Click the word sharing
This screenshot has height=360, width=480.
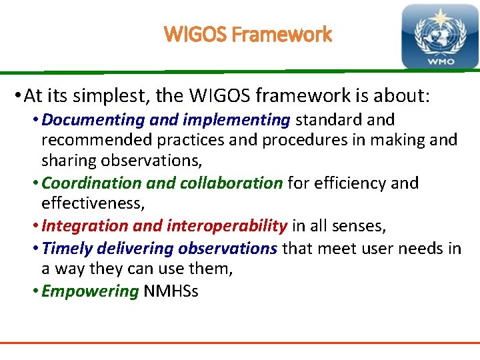click(70, 161)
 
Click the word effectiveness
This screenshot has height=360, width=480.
click(91, 203)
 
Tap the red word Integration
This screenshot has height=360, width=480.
click(85, 226)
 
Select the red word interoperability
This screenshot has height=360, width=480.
click(227, 226)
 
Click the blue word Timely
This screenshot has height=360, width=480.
click(67, 249)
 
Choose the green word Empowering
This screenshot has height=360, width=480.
click(89, 291)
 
